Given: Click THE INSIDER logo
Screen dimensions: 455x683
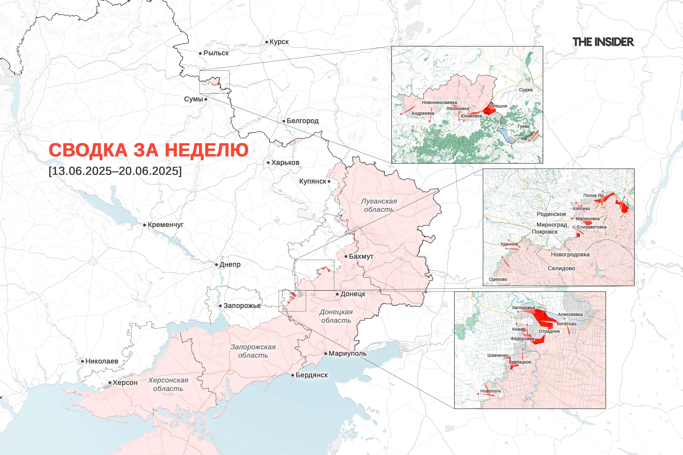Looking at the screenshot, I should pyautogui.click(x=603, y=42).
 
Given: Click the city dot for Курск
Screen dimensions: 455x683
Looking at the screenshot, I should pyautogui.click(x=267, y=42).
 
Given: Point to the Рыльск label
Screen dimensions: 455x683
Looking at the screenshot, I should pyautogui.click(x=216, y=53).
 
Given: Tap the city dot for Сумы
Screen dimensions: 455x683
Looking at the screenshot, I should pyautogui.click(x=206, y=99).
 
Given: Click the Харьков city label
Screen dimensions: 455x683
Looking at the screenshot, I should pyautogui.click(x=285, y=162).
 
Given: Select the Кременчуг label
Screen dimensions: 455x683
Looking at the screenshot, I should pyautogui.click(x=165, y=225).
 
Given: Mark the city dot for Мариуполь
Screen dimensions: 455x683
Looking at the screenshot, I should pyautogui.click(x=326, y=353).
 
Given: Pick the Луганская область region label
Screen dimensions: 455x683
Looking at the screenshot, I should pyautogui.click(x=379, y=205).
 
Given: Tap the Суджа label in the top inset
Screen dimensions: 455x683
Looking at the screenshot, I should pyautogui.click(x=526, y=90).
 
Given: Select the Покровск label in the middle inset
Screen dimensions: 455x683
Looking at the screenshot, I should pyautogui.click(x=545, y=232).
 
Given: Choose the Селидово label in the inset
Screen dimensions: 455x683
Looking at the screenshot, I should pyautogui.click(x=561, y=268).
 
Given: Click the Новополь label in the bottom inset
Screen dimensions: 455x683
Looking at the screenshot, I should pyautogui.click(x=490, y=391).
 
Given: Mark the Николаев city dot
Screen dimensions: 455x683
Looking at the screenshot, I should pyautogui.click(x=83, y=361).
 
